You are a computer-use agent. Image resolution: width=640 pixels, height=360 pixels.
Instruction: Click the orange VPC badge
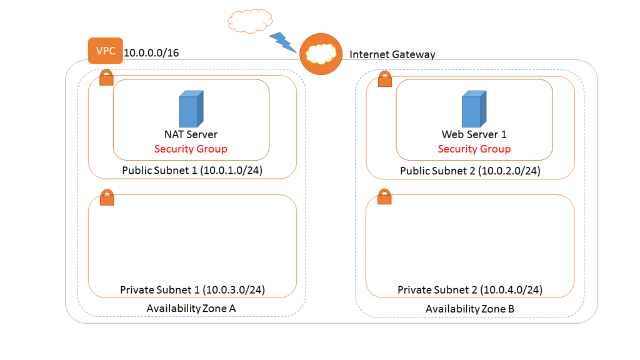(x=105, y=51)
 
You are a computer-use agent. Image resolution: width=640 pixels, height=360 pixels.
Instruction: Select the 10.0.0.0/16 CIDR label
(x=151, y=53)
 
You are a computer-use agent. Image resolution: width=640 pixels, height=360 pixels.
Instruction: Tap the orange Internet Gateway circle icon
(x=321, y=54)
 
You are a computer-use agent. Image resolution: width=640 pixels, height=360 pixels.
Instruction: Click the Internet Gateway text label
(x=392, y=54)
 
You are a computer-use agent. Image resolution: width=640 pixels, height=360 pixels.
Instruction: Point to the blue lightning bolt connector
(x=282, y=42)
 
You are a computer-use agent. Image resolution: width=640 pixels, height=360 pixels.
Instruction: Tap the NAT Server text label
(x=191, y=134)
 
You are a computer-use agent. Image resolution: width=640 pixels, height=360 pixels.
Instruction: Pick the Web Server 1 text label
(x=474, y=134)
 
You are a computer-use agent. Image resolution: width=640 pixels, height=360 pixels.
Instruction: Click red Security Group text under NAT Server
(x=191, y=149)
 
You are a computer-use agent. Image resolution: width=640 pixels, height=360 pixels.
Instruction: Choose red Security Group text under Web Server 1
(x=474, y=149)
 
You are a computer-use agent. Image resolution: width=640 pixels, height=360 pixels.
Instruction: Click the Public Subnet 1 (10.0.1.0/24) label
(x=192, y=171)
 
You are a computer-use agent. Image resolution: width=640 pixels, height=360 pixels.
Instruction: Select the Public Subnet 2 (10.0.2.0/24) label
(x=469, y=171)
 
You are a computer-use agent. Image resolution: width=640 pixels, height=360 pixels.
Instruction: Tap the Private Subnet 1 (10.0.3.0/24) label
(x=192, y=290)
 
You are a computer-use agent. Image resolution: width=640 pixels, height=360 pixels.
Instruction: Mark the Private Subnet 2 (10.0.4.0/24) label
(x=469, y=290)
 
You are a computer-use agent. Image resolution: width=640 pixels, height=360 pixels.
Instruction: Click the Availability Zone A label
(x=191, y=308)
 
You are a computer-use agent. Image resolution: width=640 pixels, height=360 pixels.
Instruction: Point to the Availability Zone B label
(x=469, y=309)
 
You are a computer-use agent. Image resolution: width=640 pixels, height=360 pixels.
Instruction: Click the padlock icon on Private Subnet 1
(x=107, y=197)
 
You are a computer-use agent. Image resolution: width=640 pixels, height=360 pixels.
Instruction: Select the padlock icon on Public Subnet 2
(x=385, y=79)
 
